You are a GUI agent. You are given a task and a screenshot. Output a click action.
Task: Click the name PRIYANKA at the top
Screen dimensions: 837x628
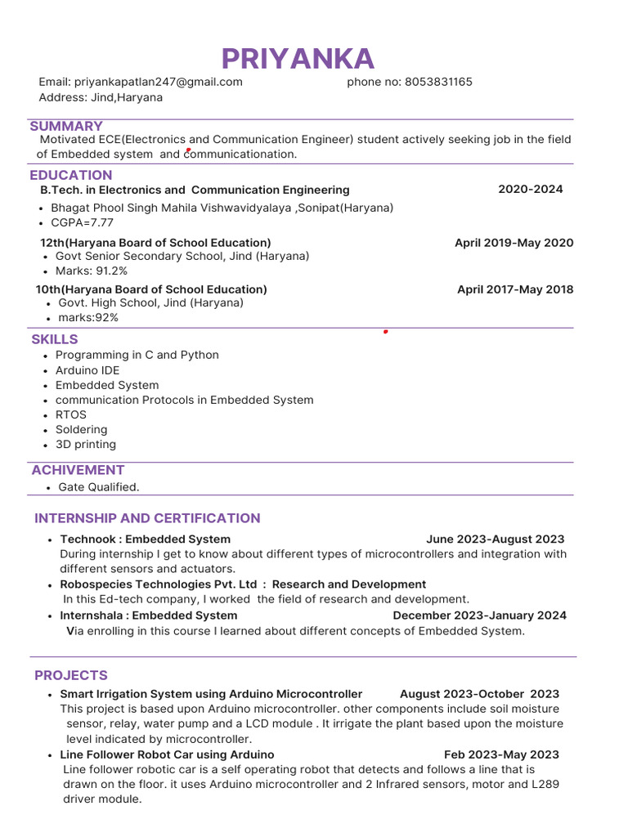tap(298, 59)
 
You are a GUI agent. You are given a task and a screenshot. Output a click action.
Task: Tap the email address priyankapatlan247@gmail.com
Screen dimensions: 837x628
tap(158, 82)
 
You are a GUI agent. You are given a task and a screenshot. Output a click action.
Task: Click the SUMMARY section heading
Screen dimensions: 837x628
tap(66, 126)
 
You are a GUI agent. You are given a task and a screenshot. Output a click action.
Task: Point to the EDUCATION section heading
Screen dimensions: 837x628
tap(71, 175)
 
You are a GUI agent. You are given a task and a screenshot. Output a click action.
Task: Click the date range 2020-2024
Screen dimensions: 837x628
tap(530, 190)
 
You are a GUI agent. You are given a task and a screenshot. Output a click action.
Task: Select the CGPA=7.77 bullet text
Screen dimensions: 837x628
tap(83, 222)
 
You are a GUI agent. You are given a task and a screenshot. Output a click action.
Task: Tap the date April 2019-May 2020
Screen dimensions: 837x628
tap(514, 243)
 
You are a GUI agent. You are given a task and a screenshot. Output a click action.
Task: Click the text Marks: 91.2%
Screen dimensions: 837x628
tap(92, 271)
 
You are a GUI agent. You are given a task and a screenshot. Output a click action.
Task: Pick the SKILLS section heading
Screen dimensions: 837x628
tap(55, 339)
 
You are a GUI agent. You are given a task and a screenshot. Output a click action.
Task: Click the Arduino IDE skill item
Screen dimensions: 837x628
tap(87, 370)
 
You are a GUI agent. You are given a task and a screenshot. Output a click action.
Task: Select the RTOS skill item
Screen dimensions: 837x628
tap(71, 414)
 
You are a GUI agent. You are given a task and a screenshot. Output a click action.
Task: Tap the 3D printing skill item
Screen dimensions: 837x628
tap(86, 445)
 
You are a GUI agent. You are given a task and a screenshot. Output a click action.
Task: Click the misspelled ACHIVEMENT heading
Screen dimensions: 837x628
tap(78, 470)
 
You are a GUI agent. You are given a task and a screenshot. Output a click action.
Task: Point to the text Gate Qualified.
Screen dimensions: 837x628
tap(99, 487)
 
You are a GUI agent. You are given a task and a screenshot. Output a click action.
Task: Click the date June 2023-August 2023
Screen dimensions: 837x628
tap(495, 539)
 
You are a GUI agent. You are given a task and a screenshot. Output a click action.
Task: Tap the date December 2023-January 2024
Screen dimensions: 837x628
tap(479, 615)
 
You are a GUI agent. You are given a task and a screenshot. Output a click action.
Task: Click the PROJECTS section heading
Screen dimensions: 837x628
tap(71, 675)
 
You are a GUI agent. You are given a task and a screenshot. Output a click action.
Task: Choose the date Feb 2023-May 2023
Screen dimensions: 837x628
tap(501, 754)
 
